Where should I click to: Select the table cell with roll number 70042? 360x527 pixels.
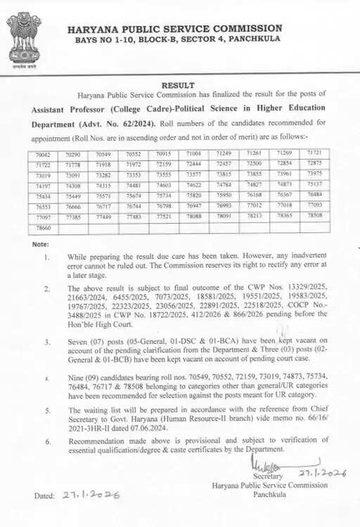click(44, 153)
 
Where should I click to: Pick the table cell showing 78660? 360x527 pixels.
click(44, 228)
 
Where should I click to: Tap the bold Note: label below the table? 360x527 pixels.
click(41, 244)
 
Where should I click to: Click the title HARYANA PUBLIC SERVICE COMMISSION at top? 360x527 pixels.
click(175, 29)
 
